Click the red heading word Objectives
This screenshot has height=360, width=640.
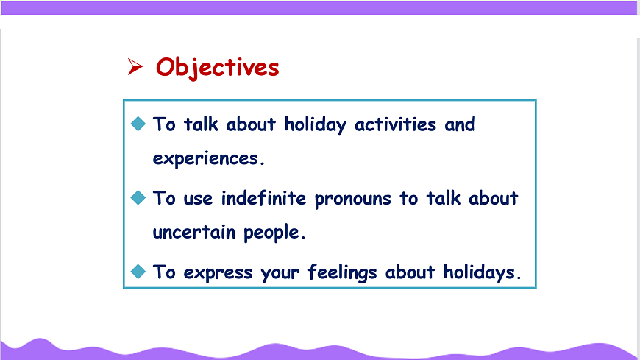point(218,68)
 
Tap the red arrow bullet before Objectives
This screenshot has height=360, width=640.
point(135,66)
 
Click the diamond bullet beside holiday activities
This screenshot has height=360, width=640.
point(138,124)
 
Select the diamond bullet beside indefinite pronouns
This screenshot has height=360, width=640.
point(138,198)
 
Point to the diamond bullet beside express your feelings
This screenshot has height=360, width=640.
point(138,272)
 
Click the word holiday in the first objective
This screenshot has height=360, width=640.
point(315,124)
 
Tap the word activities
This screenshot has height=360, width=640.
point(395,124)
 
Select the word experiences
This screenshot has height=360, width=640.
point(208,158)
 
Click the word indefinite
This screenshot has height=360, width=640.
point(263,199)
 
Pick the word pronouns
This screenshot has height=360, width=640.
point(352,200)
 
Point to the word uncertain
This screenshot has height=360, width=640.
point(194,233)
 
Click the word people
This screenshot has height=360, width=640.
point(274,233)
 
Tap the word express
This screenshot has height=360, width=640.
point(218,273)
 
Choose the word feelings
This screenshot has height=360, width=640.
point(343,272)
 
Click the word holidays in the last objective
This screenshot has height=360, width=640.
point(483,272)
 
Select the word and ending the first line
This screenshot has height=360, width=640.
point(460,124)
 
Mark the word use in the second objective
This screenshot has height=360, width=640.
point(198,200)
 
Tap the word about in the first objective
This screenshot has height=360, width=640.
point(251,124)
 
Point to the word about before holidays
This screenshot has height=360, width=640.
point(410,272)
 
